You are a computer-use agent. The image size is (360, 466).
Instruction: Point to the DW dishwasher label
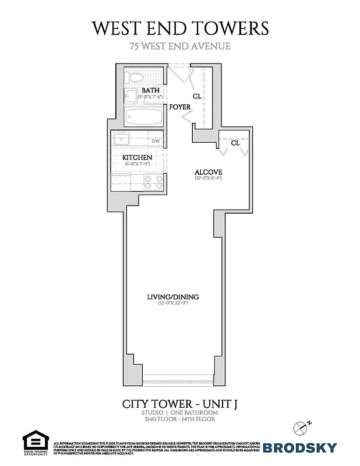click(156, 141)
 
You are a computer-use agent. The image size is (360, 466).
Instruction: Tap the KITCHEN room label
click(137, 157)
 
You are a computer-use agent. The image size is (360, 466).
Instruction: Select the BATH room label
click(150, 90)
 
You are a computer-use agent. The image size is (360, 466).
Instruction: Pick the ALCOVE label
click(206, 171)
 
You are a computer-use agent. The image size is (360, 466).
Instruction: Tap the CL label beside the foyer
click(197, 96)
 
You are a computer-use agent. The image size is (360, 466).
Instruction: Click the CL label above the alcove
click(235, 142)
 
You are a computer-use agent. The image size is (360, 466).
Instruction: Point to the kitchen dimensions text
click(137, 164)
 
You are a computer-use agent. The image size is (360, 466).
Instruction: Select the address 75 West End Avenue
click(180, 46)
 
